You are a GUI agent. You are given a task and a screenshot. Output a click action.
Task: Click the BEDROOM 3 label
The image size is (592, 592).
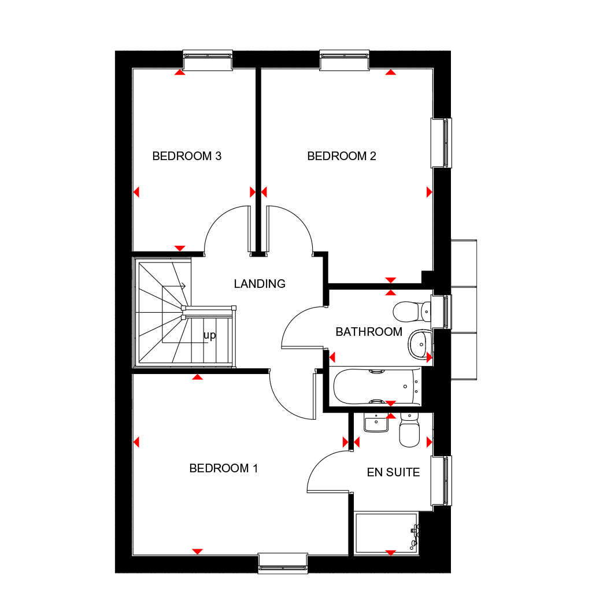(x=187, y=156)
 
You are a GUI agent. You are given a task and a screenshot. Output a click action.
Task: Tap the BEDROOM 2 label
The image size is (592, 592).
(x=342, y=156)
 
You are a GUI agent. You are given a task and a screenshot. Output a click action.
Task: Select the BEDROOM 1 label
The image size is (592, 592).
(x=223, y=468)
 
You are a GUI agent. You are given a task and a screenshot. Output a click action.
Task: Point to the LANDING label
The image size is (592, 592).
(x=260, y=284)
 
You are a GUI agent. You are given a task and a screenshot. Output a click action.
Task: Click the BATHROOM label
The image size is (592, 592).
(x=369, y=332)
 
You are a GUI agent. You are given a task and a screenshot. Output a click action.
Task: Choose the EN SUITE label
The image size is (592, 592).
(x=393, y=472)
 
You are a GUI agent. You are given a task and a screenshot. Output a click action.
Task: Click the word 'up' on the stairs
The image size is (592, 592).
(x=209, y=335)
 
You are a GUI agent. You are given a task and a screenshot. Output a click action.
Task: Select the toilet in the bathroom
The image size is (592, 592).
(x=411, y=312)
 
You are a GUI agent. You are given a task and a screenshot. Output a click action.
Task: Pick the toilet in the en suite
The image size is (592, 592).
(x=410, y=431)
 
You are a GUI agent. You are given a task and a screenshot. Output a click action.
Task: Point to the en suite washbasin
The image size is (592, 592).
(x=376, y=424)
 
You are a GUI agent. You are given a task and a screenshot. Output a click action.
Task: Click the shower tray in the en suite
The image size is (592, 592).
(x=386, y=532)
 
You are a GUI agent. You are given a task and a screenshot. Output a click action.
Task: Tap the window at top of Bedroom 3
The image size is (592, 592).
(x=208, y=60)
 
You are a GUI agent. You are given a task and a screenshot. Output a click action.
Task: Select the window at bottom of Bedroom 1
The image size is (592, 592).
(x=282, y=563)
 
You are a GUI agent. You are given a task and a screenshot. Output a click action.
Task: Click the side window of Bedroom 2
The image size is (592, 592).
(x=442, y=143)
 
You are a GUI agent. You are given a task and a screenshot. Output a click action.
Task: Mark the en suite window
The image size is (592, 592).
(x=442, y=480)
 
